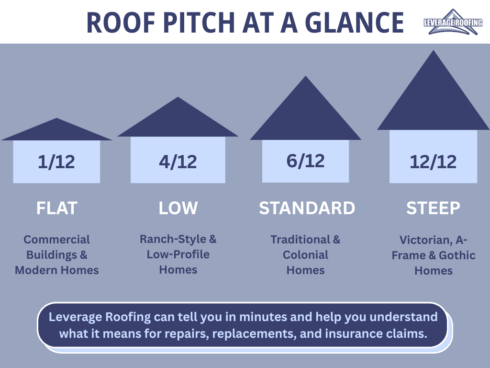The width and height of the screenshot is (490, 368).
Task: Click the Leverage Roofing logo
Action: click(453, 22)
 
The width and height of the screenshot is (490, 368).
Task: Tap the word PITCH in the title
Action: click(199, 23)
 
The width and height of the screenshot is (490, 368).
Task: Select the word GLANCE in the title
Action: click(355, 23)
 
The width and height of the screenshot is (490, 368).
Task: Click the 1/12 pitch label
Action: click(56, 162)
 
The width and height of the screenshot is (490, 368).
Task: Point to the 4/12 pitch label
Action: click(178, 162)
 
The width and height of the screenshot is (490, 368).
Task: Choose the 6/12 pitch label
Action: click(305, 161)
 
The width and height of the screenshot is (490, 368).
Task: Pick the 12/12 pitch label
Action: click(433, 162)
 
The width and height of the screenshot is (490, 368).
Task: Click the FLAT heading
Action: click(56, 208)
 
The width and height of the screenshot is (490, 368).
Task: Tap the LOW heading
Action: click(178, 208)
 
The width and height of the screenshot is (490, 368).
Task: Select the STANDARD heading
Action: click(307, 208)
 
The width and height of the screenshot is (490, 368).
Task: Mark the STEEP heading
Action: click(433, 208)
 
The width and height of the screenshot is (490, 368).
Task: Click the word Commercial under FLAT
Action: click(56, 240)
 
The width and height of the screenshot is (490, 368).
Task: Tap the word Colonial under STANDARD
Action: click(305, 255)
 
